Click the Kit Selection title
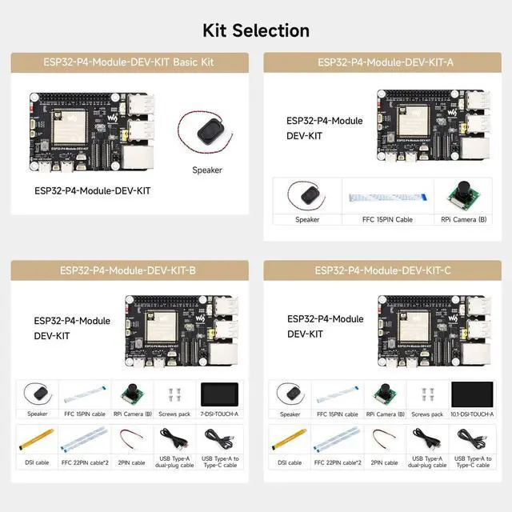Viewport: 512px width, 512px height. pos(255,30)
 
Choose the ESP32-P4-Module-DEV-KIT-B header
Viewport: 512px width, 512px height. pos(127,270)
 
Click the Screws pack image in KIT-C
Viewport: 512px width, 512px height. pos(426,394)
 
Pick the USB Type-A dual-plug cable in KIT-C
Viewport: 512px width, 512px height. pos(426,440)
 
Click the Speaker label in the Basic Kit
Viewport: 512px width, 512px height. pos(206,170)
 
